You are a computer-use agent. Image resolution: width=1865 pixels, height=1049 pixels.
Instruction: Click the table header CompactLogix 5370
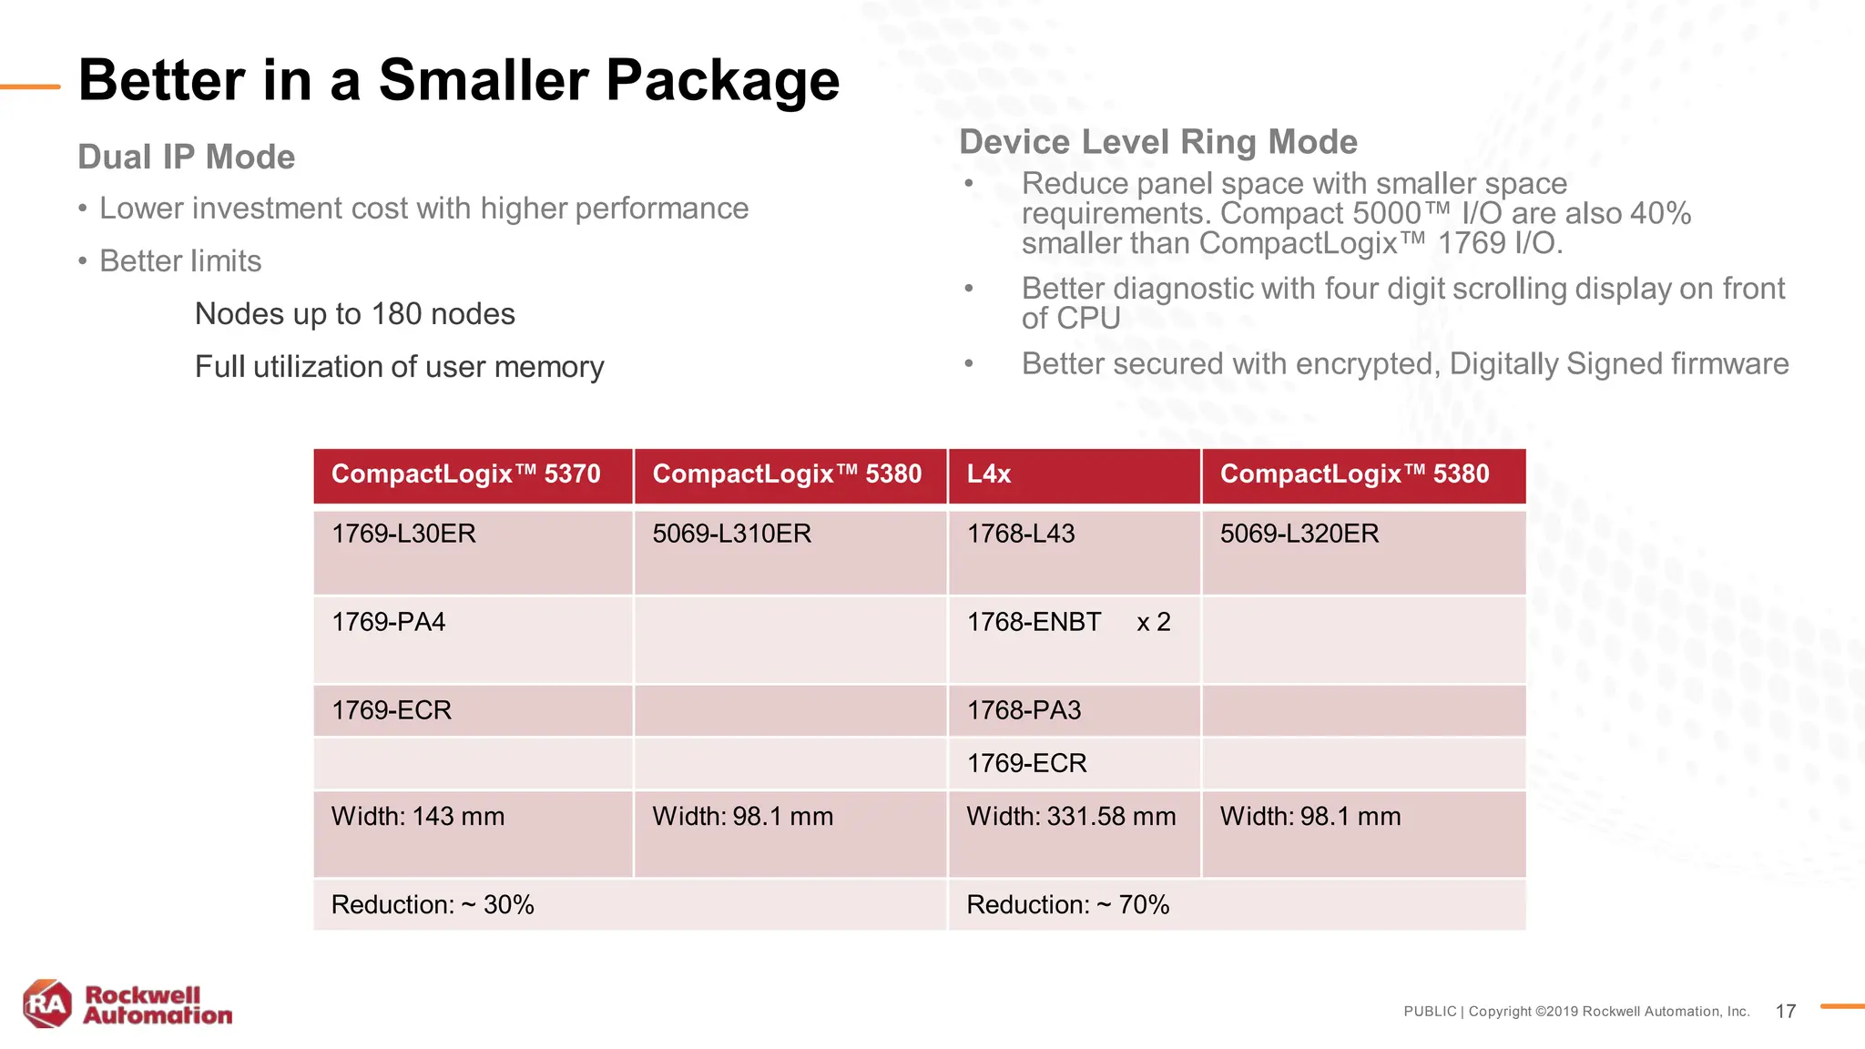[465, 474]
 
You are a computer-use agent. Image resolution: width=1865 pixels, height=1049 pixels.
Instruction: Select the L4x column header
[989, 474]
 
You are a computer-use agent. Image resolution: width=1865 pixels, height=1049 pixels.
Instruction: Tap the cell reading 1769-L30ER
[403, 534]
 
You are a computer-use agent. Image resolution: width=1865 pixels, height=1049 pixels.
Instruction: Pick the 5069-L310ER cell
[731, 534]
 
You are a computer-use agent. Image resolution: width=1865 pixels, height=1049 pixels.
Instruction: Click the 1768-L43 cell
[1021, 534]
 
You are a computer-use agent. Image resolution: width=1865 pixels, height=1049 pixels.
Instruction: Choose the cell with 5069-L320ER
[1299, 534]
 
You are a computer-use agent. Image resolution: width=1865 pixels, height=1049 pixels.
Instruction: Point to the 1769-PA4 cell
[389, 622]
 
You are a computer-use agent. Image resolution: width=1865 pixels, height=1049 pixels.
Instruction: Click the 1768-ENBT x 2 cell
[1068, 622]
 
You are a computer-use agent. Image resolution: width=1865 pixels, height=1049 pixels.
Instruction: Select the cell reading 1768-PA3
[1024, 710]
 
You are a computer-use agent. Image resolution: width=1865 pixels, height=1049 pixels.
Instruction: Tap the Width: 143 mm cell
[418, 816]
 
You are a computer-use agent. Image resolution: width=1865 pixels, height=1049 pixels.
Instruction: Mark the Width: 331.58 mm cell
[1071, 816]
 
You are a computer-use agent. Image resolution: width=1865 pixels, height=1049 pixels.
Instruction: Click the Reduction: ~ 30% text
[433, 904]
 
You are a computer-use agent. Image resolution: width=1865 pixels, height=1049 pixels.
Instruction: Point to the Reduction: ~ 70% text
[1067, 904]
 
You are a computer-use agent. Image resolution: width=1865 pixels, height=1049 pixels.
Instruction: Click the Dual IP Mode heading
[187, 157]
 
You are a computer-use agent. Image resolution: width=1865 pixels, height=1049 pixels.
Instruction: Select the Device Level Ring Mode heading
[1158, 142]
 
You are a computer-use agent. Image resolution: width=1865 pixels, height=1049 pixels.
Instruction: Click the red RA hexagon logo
[47, 1004]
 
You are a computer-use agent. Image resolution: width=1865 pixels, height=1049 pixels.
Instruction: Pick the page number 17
[1786, 1012]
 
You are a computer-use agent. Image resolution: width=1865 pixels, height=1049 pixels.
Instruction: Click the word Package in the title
[722, 80]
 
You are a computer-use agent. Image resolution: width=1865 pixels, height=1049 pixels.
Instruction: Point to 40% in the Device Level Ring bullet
[1660, 214]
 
